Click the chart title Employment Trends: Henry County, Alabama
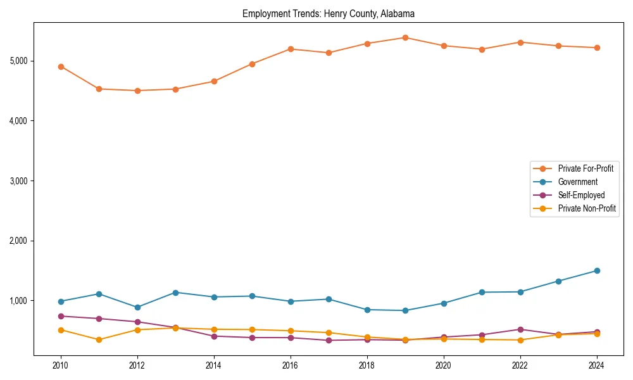point(328,13)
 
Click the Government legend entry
point(577,182)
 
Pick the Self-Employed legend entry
point(581,195)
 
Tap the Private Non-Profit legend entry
point(587,208)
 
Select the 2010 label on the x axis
point(61,365)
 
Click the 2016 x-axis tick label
point(290,365)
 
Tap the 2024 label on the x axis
point(596,365)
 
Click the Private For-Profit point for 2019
point(405,37)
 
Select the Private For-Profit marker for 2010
point(61,66)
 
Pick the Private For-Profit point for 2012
point(137,91)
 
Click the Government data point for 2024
point(596,270)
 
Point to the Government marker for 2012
point(137,307)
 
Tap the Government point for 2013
point(175,293)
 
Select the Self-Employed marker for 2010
point(61,316)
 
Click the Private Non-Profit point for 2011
point(99,339)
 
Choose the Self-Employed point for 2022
point(520,329)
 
